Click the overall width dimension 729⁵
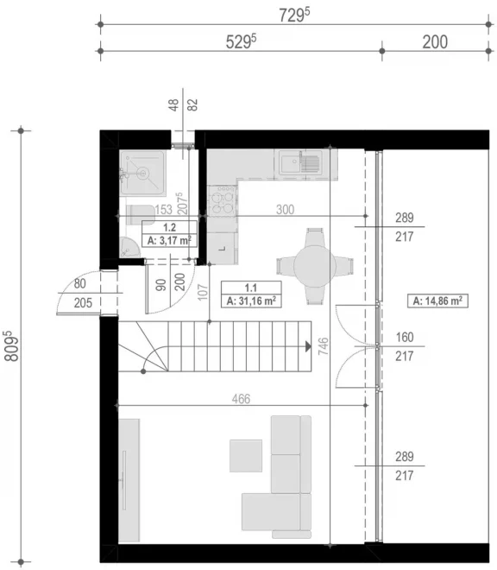click(x=294, y=15)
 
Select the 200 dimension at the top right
click(x=435, y=41)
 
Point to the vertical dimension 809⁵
click(x=11, y=345)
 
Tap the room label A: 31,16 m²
click(x=251, y=301)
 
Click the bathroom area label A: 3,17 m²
click(x=169, y=240)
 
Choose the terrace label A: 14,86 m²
click(x=437, y=301)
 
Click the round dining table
click(x=315, y=266)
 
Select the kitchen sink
click(x=301, y=162)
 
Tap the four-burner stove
click(x=223, y=200)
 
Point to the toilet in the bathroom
click(x=141, y=215)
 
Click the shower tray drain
click(x=143, y=173)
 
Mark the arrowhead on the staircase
click(x=308, y=346)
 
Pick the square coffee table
click(x=246, y=456)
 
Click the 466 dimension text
click(x=241, y=399)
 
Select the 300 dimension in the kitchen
click(x=285, y=209)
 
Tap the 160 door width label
click(x=405, y=337)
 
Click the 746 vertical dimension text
click(x=323, y=346)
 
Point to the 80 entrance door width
click(x=80, y=283)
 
